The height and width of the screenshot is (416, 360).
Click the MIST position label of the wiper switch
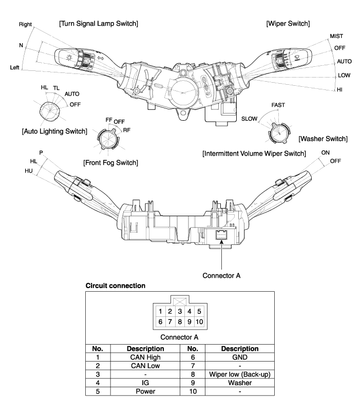tap(336, 36)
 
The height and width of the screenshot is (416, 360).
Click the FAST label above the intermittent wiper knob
tap(278, 105)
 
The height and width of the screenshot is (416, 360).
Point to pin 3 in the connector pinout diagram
tap(180, 311)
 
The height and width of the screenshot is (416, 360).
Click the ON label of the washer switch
tap(325, 153)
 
